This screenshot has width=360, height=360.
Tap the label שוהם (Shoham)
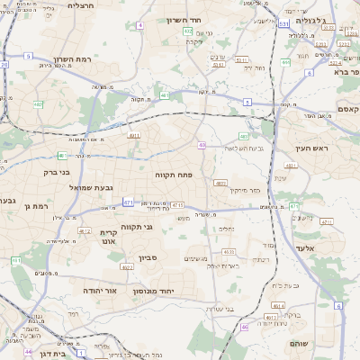click(300, 344)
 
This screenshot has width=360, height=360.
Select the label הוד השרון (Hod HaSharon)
click(188, 19)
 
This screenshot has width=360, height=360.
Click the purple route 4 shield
click(139, 25)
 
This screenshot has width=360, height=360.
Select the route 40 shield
click(202, 145)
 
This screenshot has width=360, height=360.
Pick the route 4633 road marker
click(229, 252)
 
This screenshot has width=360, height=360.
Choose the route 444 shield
click(285, 62)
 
